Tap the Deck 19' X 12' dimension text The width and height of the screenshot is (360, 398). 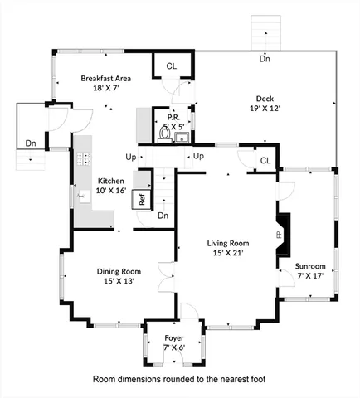[x=264, y=108]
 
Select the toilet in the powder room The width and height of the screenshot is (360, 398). [x=165, y=133]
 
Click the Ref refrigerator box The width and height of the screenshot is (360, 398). [x=142, y=199]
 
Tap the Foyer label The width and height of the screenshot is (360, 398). [x=174, y=337]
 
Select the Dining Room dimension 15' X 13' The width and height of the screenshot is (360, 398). [x=119, y=282]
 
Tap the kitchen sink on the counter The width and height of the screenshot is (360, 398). [x=82, y=197]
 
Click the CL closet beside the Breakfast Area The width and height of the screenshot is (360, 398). [x=172, y=66]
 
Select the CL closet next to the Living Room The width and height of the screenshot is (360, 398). [x=265, y=160]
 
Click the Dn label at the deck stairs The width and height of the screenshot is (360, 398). [x=265, y=59]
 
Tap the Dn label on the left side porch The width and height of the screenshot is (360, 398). [x=30, y=143]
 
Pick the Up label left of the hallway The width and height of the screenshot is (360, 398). [x=131, y=156]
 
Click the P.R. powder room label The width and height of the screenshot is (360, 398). [x=174, y=118]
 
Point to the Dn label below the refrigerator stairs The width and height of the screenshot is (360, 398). [x=163, y=216]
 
